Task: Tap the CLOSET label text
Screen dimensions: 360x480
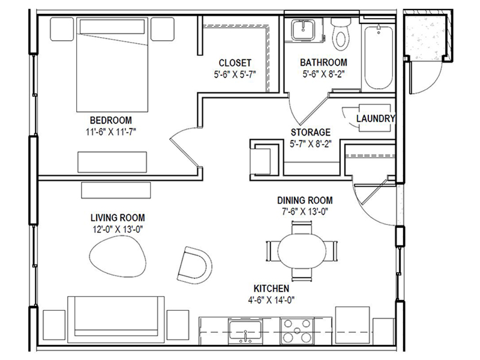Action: (235, 62)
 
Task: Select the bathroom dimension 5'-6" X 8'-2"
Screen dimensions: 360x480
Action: (323, 74)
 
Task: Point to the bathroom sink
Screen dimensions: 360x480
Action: (298, 30)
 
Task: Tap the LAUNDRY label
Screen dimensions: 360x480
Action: (375, 118)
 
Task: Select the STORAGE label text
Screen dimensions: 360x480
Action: (311, 132)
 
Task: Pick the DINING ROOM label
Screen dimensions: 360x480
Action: (305, 200)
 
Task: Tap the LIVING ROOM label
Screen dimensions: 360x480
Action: (118, 217)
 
